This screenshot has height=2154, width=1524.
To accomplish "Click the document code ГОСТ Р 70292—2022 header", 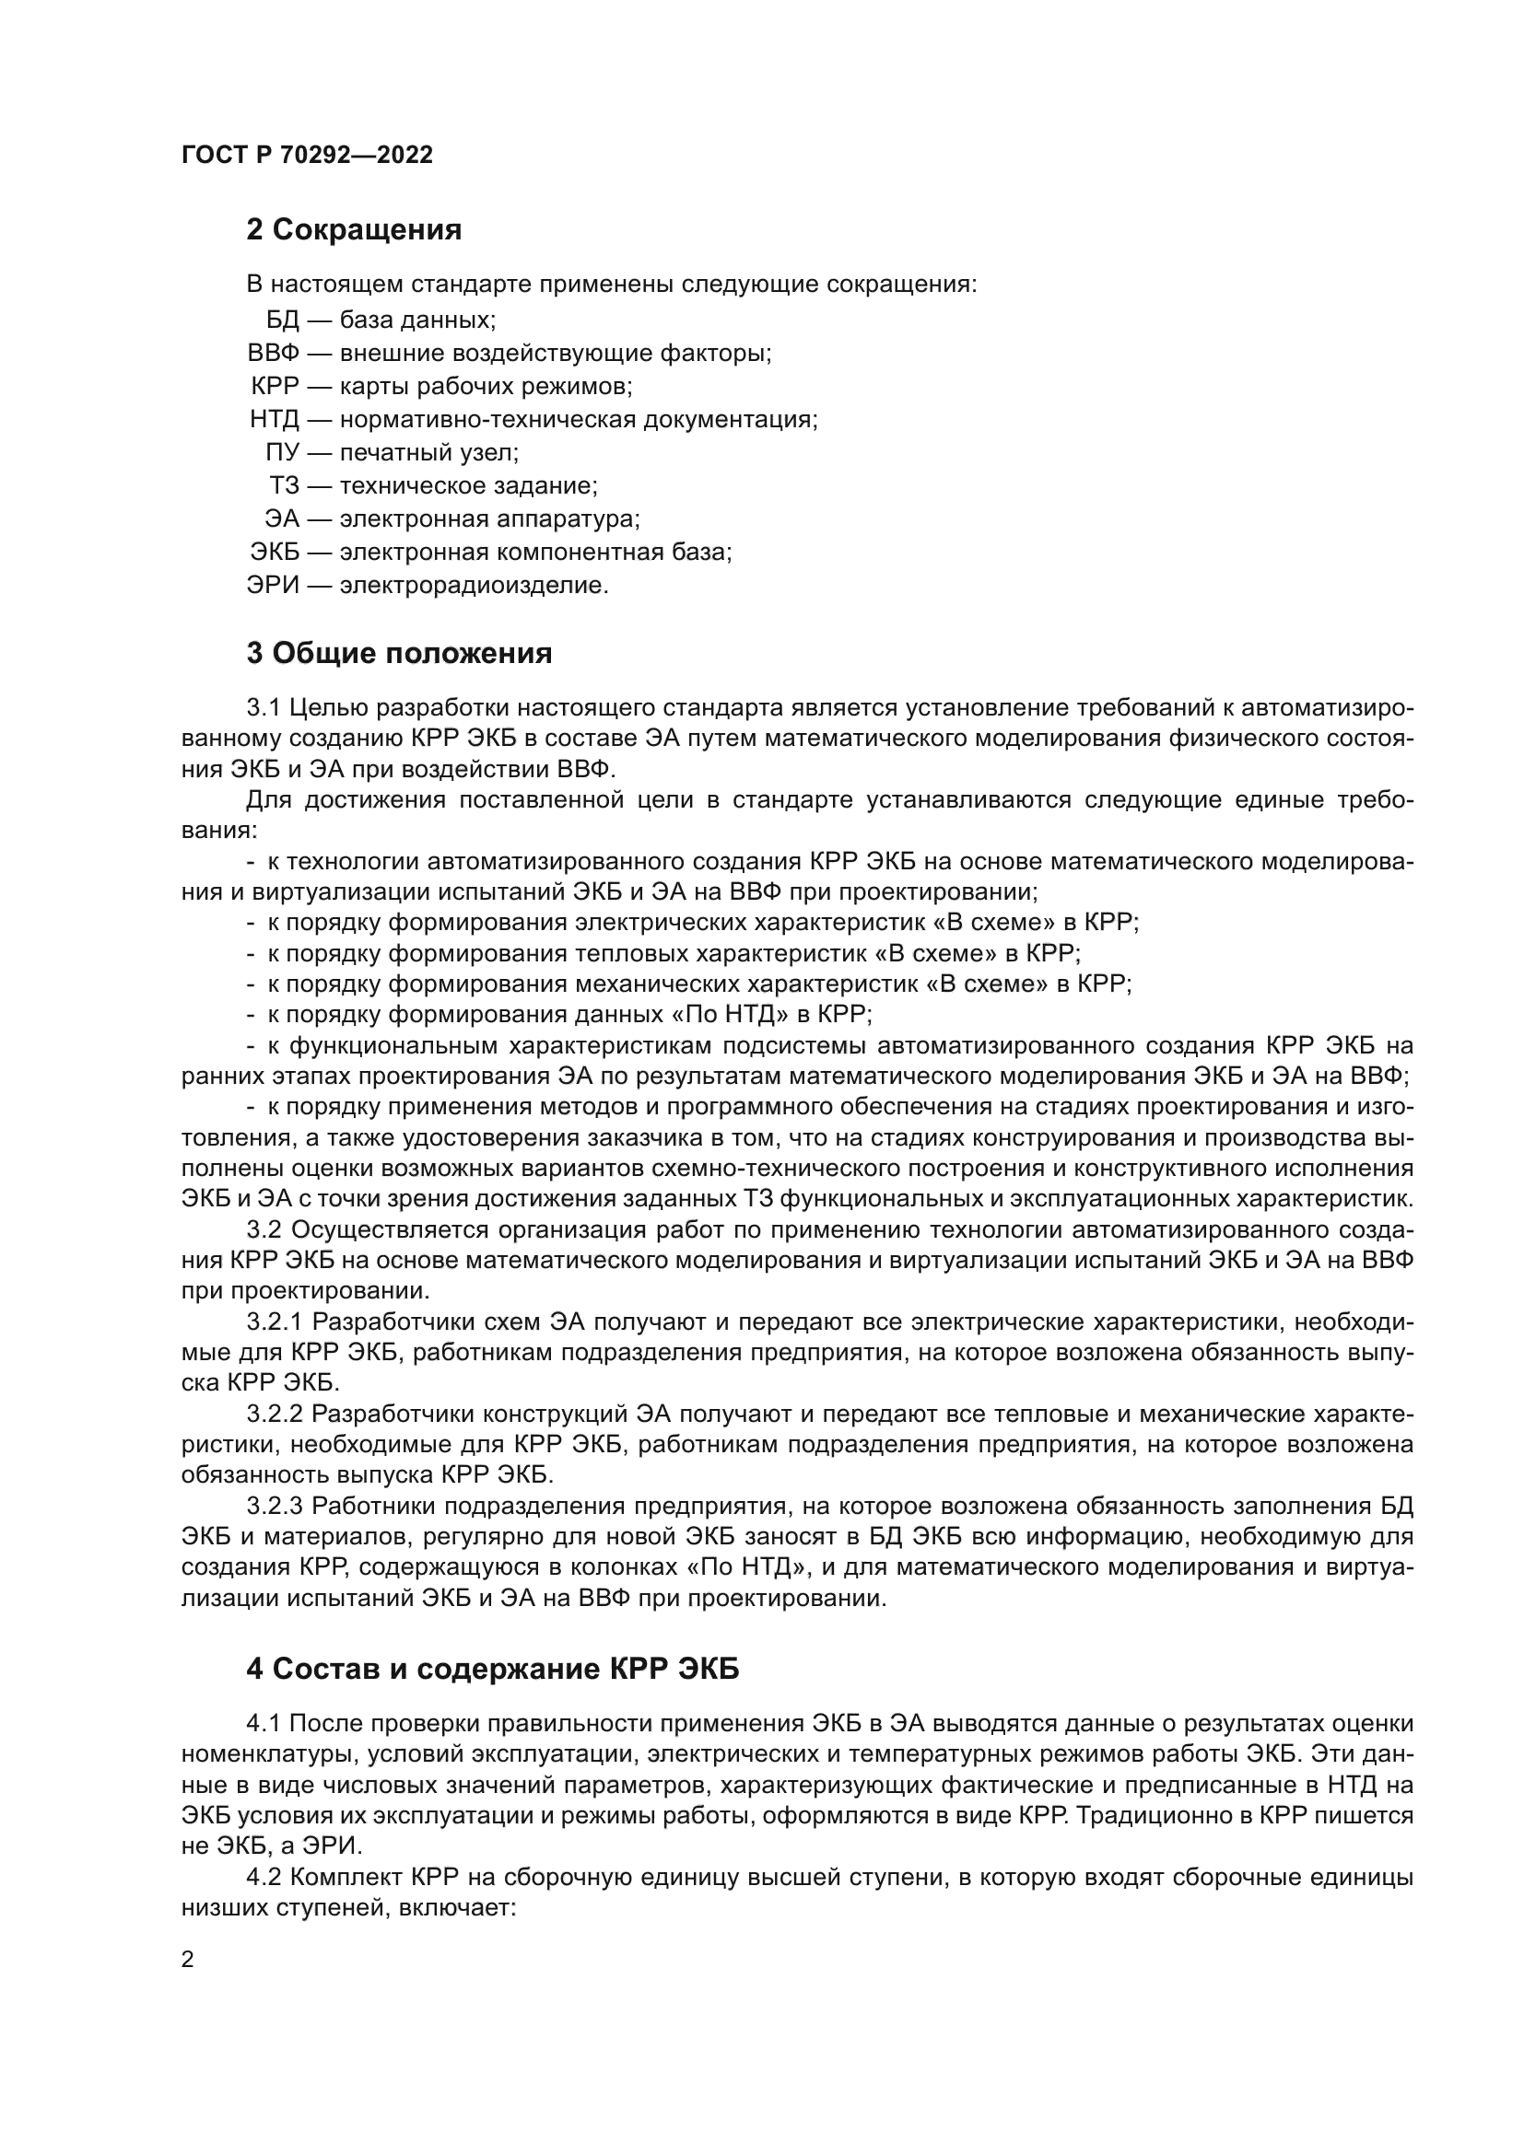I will pos(307,155).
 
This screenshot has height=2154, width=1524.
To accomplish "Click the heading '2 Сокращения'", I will pos(354,230).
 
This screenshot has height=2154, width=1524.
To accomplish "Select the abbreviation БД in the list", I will pos(282,320).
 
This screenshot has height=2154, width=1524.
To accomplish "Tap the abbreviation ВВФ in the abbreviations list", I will pos(273,354).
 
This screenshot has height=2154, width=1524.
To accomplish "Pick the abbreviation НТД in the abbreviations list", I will pos(274,419).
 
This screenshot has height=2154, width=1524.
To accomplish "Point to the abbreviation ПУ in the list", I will pos(282,453).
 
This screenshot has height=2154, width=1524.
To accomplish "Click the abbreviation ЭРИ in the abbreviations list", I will pos(273,586).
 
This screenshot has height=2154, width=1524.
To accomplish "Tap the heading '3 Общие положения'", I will pos(399,653).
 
